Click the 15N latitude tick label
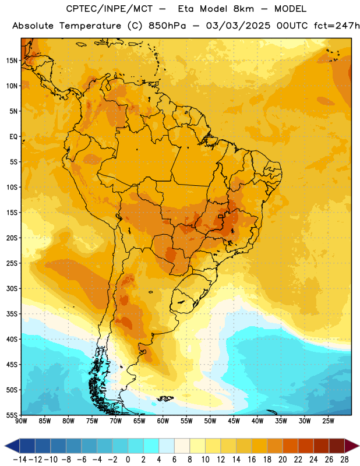click(x=12, y=61)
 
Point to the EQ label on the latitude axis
click(x=13, y=137)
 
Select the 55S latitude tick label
click(x=12, y=415)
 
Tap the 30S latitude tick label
click(x=12, y=288)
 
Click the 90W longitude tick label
click(x=21, y=421)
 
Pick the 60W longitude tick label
click(x=163, y=421)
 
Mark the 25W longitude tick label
click(x=328, y=421)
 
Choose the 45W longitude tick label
click(x=234, y=421)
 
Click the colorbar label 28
click(x=344, y=460)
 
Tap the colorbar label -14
click(x=20, y=460)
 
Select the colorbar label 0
click(x=128, y=460)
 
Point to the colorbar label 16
click(x=252, y=460)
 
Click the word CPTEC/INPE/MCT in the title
click(x=109, y=9)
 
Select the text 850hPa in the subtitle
click(x=167, y=26)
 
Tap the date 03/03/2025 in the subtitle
click(x=238, y=26)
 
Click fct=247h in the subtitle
click(x=337, y=26)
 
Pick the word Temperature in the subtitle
click(x=90, y=26)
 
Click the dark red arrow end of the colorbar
click(x=352, y=446)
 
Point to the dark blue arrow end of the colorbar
click(x=12, y=446)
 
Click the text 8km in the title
click(x=243, y=9)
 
